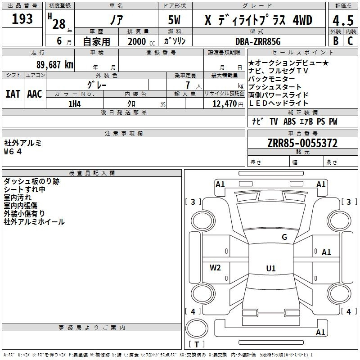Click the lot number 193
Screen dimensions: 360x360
click(x=22, y=19)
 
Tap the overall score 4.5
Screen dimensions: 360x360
click(x=343, y=20)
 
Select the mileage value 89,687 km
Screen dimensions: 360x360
click(x=55, y=65)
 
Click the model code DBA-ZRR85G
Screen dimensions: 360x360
click(x=258, y=41)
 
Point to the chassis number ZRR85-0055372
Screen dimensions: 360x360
click(x=302, y=143)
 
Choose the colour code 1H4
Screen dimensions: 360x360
click(x=75, y=104)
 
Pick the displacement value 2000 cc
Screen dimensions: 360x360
click(x=141, y=41)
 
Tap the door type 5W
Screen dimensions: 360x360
click(x=174, y=20)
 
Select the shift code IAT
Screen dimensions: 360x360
click(x=13, y=94)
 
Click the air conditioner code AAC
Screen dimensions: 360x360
click(x=35, y=94)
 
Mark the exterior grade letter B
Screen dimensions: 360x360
click(x=336, y=40)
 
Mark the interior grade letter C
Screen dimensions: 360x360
click(x=350, y=40)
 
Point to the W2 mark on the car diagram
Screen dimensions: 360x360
click(x=215, y=267)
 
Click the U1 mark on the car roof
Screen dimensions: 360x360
click(x=271, y=268)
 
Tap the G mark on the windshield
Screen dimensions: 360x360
click(x=284, y=237)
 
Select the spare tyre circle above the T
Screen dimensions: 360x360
click(x=197, y=328)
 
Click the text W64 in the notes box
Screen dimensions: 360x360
click(x=13, y=152)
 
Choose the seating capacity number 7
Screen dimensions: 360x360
click(x=188, y=85)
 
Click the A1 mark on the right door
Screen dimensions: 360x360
click(x=326, y=252)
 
